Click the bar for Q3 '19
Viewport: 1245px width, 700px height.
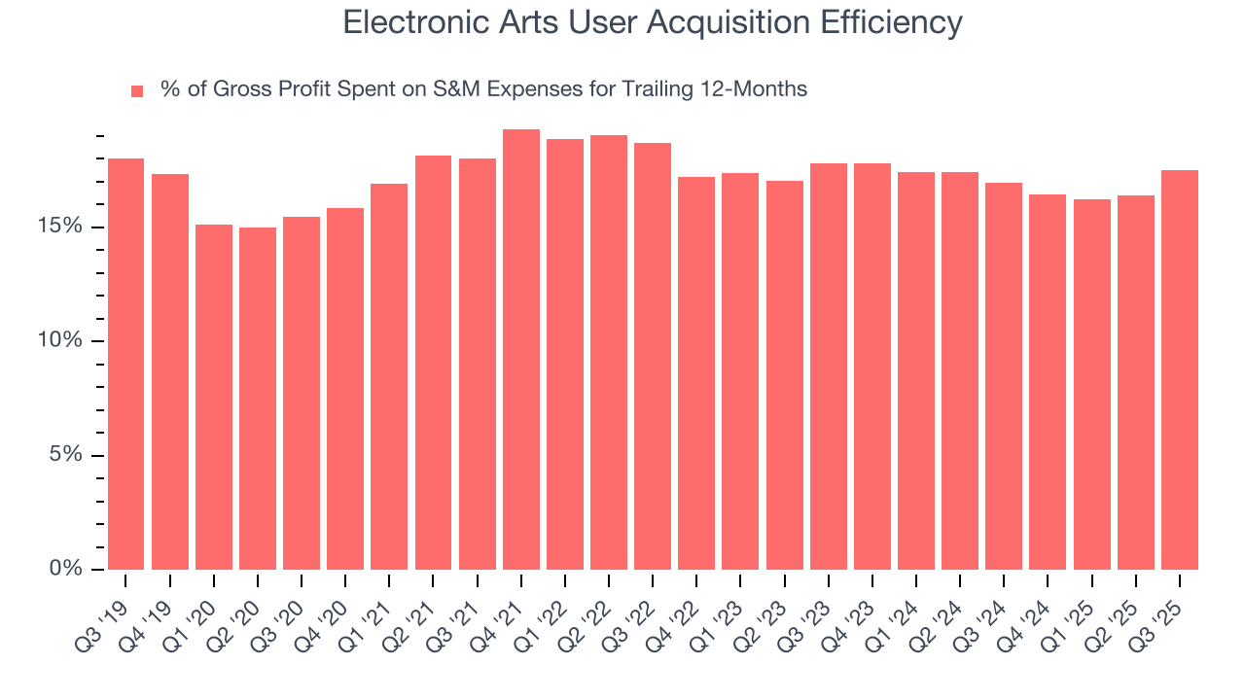pos(125,364)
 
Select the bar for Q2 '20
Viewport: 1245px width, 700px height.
pos(258,399)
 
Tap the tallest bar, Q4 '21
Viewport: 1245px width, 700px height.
pos(521,349)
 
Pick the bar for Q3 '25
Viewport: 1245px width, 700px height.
pos(1180,369)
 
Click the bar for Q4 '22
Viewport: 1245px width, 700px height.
pos(696,373)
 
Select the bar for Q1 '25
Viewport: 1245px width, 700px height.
pos(1092,384)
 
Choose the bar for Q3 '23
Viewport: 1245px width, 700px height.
pos(829,367)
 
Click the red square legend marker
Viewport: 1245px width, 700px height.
pos(137,90)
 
